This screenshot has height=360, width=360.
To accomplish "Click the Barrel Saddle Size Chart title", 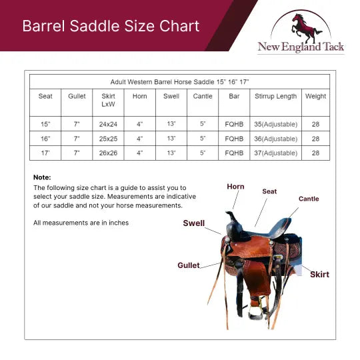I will point(111,26).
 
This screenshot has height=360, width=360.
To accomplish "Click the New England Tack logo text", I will point(301,47).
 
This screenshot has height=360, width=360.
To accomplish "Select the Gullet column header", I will point(77,96).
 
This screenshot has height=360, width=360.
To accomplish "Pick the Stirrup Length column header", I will point(275,96).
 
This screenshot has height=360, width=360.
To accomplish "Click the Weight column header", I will point(315,96).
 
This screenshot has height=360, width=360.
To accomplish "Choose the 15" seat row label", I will point(45,124).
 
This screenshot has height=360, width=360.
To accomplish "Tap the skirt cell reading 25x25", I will point(108,139).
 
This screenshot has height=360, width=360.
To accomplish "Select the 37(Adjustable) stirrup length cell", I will point(275,153).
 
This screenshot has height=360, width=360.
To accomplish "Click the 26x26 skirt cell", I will point(108,153).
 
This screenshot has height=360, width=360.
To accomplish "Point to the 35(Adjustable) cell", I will point(275,124).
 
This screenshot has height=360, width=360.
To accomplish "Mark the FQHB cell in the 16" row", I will point(234,139).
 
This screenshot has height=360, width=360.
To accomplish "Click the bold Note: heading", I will point(42,177).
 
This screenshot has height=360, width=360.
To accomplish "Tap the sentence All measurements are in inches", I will point(81,223).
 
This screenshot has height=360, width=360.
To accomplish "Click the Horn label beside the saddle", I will point(235,187).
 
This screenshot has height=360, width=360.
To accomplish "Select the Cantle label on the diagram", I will point(309,199).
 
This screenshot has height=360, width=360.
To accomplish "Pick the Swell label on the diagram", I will point(194,223).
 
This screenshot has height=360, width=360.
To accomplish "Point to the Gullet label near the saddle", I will point(189,265).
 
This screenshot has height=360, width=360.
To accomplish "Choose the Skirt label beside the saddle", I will point(319,274).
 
